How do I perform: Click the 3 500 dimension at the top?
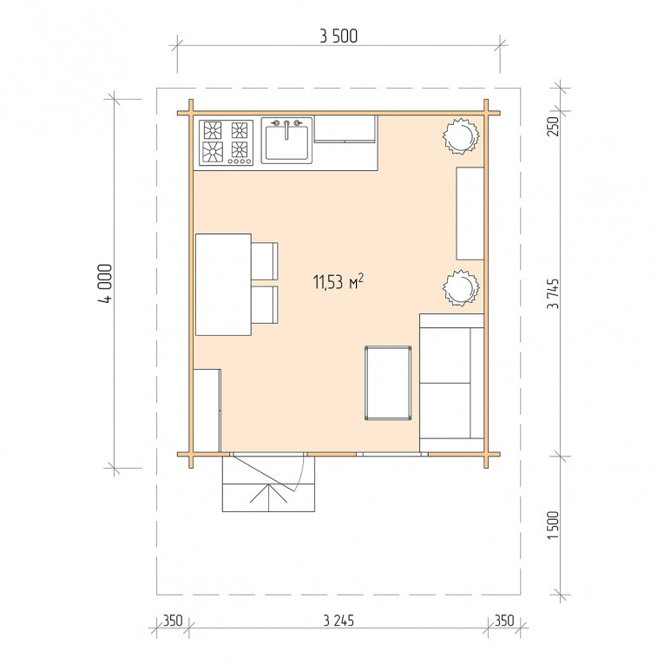[339, 36]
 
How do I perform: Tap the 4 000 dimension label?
[105, 284]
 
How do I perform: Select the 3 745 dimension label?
[554, 294]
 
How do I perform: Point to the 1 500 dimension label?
[554, 525]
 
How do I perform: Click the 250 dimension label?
[554, 126]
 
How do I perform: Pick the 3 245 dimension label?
[339, 621]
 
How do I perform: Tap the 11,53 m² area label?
[339, 281]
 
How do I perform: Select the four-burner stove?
[227, 142]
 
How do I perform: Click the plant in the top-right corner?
[461, 136]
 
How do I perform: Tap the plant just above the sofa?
[461, 288]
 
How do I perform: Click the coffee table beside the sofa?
[388, 383]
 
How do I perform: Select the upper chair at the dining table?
[265, 261]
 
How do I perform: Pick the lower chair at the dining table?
[265, 305]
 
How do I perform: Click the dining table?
[224, 285]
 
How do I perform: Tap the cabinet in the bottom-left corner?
[207, 411]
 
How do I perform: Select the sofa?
[452, 383]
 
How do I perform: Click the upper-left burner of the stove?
[212, 130]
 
